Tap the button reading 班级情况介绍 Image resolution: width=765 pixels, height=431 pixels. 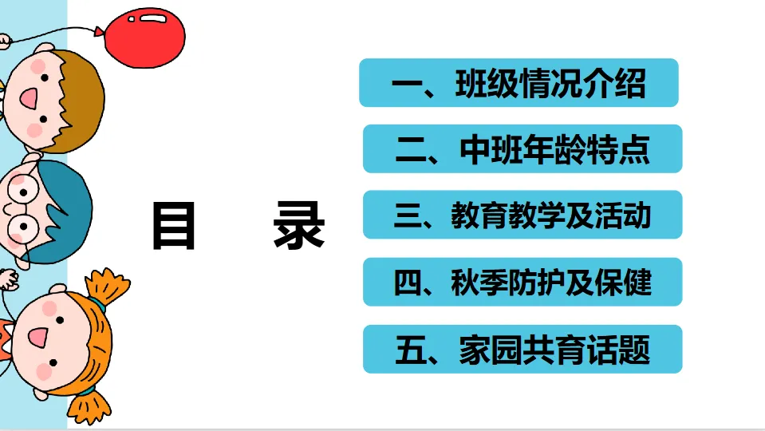519,83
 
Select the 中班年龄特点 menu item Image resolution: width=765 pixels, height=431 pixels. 522,149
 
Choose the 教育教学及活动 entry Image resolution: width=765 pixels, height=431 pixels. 522,215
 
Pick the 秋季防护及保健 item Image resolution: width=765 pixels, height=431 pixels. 522,283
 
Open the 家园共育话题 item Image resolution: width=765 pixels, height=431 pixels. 522,350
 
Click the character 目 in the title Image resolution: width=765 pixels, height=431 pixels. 174,226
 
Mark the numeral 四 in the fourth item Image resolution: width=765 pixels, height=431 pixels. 410,283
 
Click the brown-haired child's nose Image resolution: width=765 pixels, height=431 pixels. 29,98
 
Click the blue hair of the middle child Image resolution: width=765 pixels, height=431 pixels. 68,208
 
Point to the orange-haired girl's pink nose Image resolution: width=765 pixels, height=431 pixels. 38,336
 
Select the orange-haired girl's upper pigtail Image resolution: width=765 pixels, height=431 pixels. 108,287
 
